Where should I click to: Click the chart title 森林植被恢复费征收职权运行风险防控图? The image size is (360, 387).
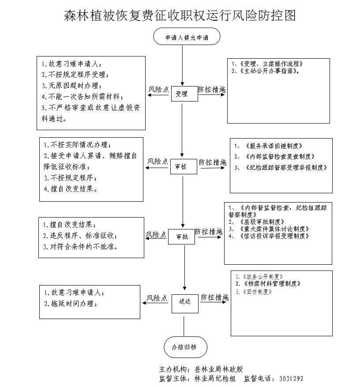point(180,15)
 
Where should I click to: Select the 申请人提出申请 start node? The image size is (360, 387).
point(186,38)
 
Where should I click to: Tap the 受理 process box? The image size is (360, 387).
point(181,94)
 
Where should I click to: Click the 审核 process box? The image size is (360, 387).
point(181,167)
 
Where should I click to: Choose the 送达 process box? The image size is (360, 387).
point(184,302)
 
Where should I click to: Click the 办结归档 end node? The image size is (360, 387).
point(183,347)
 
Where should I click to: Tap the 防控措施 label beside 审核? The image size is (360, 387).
point(212,162)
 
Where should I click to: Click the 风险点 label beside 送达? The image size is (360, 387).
point(157,298)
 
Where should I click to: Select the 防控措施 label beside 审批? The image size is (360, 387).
point(209,231)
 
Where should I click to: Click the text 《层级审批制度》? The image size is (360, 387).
point(260,222)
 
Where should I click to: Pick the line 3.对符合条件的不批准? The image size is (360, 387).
point(81,247)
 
